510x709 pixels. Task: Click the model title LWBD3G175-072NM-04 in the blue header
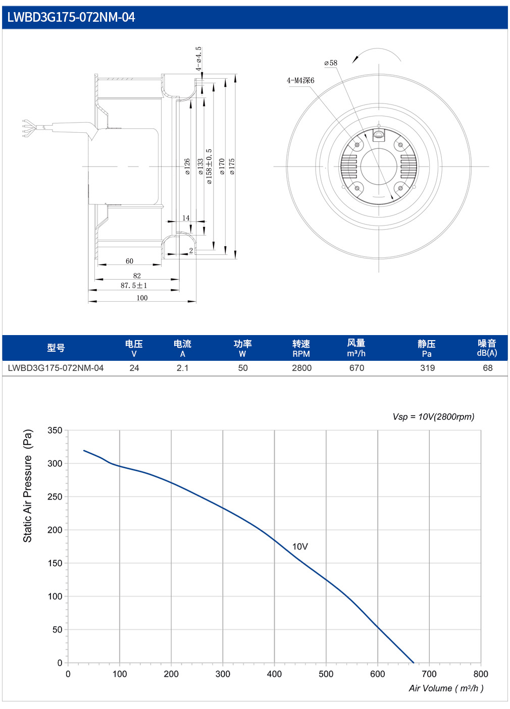(x=71, y=17)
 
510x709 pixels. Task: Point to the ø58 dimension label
(x=331, y=63)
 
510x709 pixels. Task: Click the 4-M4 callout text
(x=300, y=80)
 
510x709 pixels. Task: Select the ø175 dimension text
(x=232, y=167)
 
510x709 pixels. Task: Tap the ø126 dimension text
(x=187, y=167)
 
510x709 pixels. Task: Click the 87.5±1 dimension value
(x=134, y=286)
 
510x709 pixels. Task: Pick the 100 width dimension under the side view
(x=142, y=298)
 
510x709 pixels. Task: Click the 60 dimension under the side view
(x=129, y=261)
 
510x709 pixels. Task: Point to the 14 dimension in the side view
(x=186, y=218)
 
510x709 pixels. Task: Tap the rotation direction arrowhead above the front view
(x=355, y=60)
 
